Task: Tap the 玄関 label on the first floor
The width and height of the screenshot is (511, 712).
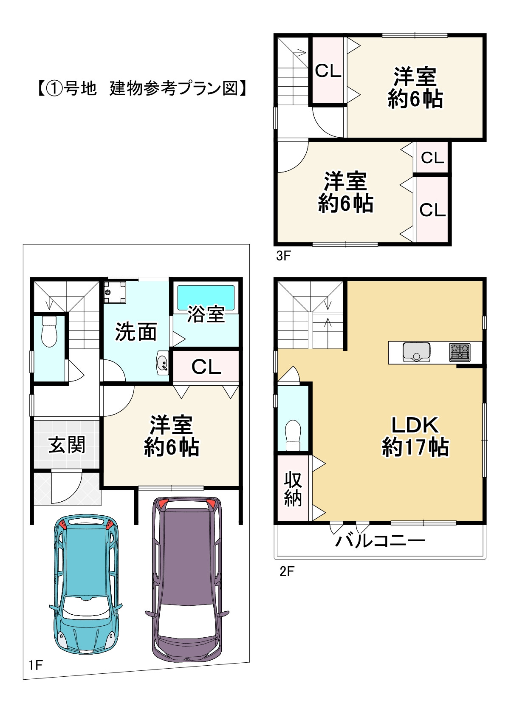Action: coord(67,445)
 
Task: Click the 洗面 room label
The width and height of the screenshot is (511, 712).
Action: coord(136,332)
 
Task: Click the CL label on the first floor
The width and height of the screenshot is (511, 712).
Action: coord(206,367)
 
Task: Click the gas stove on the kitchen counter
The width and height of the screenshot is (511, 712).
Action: coord(460,353)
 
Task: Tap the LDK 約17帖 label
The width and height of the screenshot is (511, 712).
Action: coord(415,436)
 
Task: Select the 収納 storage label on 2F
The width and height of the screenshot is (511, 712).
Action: coord(293,489)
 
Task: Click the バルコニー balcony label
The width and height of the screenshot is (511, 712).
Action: coord(380,541)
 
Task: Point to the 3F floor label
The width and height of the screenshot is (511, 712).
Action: coord(283,256)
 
